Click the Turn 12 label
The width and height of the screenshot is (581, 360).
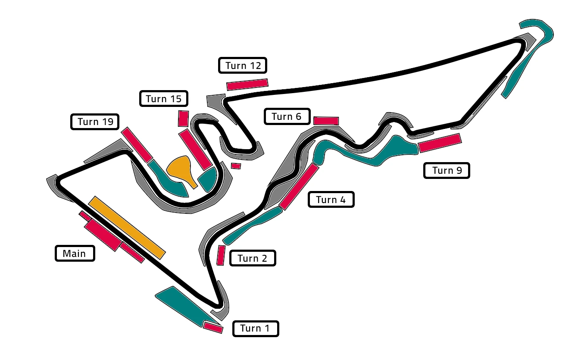click(x=243, y=66)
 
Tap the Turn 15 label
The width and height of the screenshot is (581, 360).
click(x=163, y=99)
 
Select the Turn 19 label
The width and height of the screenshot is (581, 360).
click(x=94, y=122)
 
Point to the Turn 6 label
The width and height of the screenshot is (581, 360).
click(x=287, y=116)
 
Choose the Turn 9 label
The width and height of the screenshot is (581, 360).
click(x=447, y=171)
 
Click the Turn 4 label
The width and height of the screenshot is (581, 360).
click(x=331, y=200)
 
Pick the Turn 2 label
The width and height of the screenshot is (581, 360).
click(x=252, y=258)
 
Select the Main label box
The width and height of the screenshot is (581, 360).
click(x=75, y=253)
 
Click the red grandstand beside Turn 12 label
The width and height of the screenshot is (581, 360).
click(x=247, y=84)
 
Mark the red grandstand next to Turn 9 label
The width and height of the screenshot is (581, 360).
click(x=440, y=143)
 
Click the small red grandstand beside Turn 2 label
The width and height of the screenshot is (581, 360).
click(x=221, y=255)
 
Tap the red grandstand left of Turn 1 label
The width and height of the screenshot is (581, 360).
click(x=213, y=328)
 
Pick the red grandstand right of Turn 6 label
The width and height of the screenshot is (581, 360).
click(x=326, y=121)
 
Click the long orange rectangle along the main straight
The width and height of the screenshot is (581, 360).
click(x=127, y=227)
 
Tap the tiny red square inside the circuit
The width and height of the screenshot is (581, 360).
click(x=236, y=166)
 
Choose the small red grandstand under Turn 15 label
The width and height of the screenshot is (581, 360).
click(x=183, y=119)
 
